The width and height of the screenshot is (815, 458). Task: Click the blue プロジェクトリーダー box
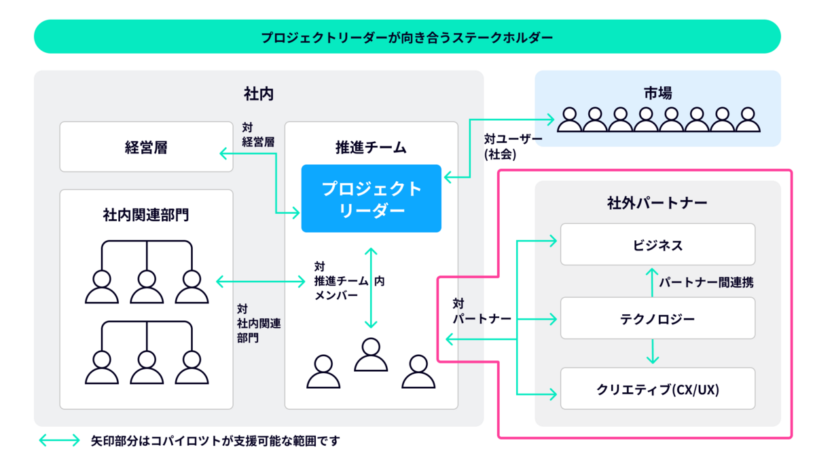(x=372, y=198)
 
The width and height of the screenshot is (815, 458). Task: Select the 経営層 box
(x=146, y=147)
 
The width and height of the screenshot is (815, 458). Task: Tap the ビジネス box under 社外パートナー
(x=657, y=244)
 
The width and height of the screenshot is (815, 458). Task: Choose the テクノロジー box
(x=657, y=318)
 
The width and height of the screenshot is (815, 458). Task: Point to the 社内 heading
(x=258, y=93)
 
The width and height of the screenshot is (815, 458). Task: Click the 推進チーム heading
(x=371, y=147)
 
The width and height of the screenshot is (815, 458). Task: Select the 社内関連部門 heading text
(x=146, y=216)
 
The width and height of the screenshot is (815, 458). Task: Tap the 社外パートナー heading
(x=657, y=202)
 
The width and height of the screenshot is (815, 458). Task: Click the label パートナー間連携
(x=706, y=283)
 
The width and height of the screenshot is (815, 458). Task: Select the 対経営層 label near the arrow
(x=258, y=134)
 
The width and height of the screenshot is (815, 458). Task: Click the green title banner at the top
(x=407, y=37)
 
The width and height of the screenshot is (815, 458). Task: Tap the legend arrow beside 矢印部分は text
(x=59, y=441)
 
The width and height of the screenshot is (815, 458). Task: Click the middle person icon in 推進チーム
(x=371, y=355)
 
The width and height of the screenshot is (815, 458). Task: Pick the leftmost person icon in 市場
(x=569, y=120)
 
